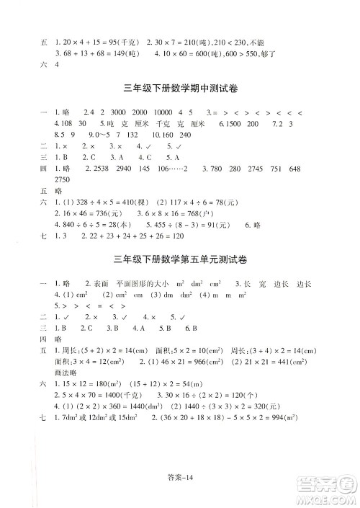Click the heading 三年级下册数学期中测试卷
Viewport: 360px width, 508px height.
click(180, 90)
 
